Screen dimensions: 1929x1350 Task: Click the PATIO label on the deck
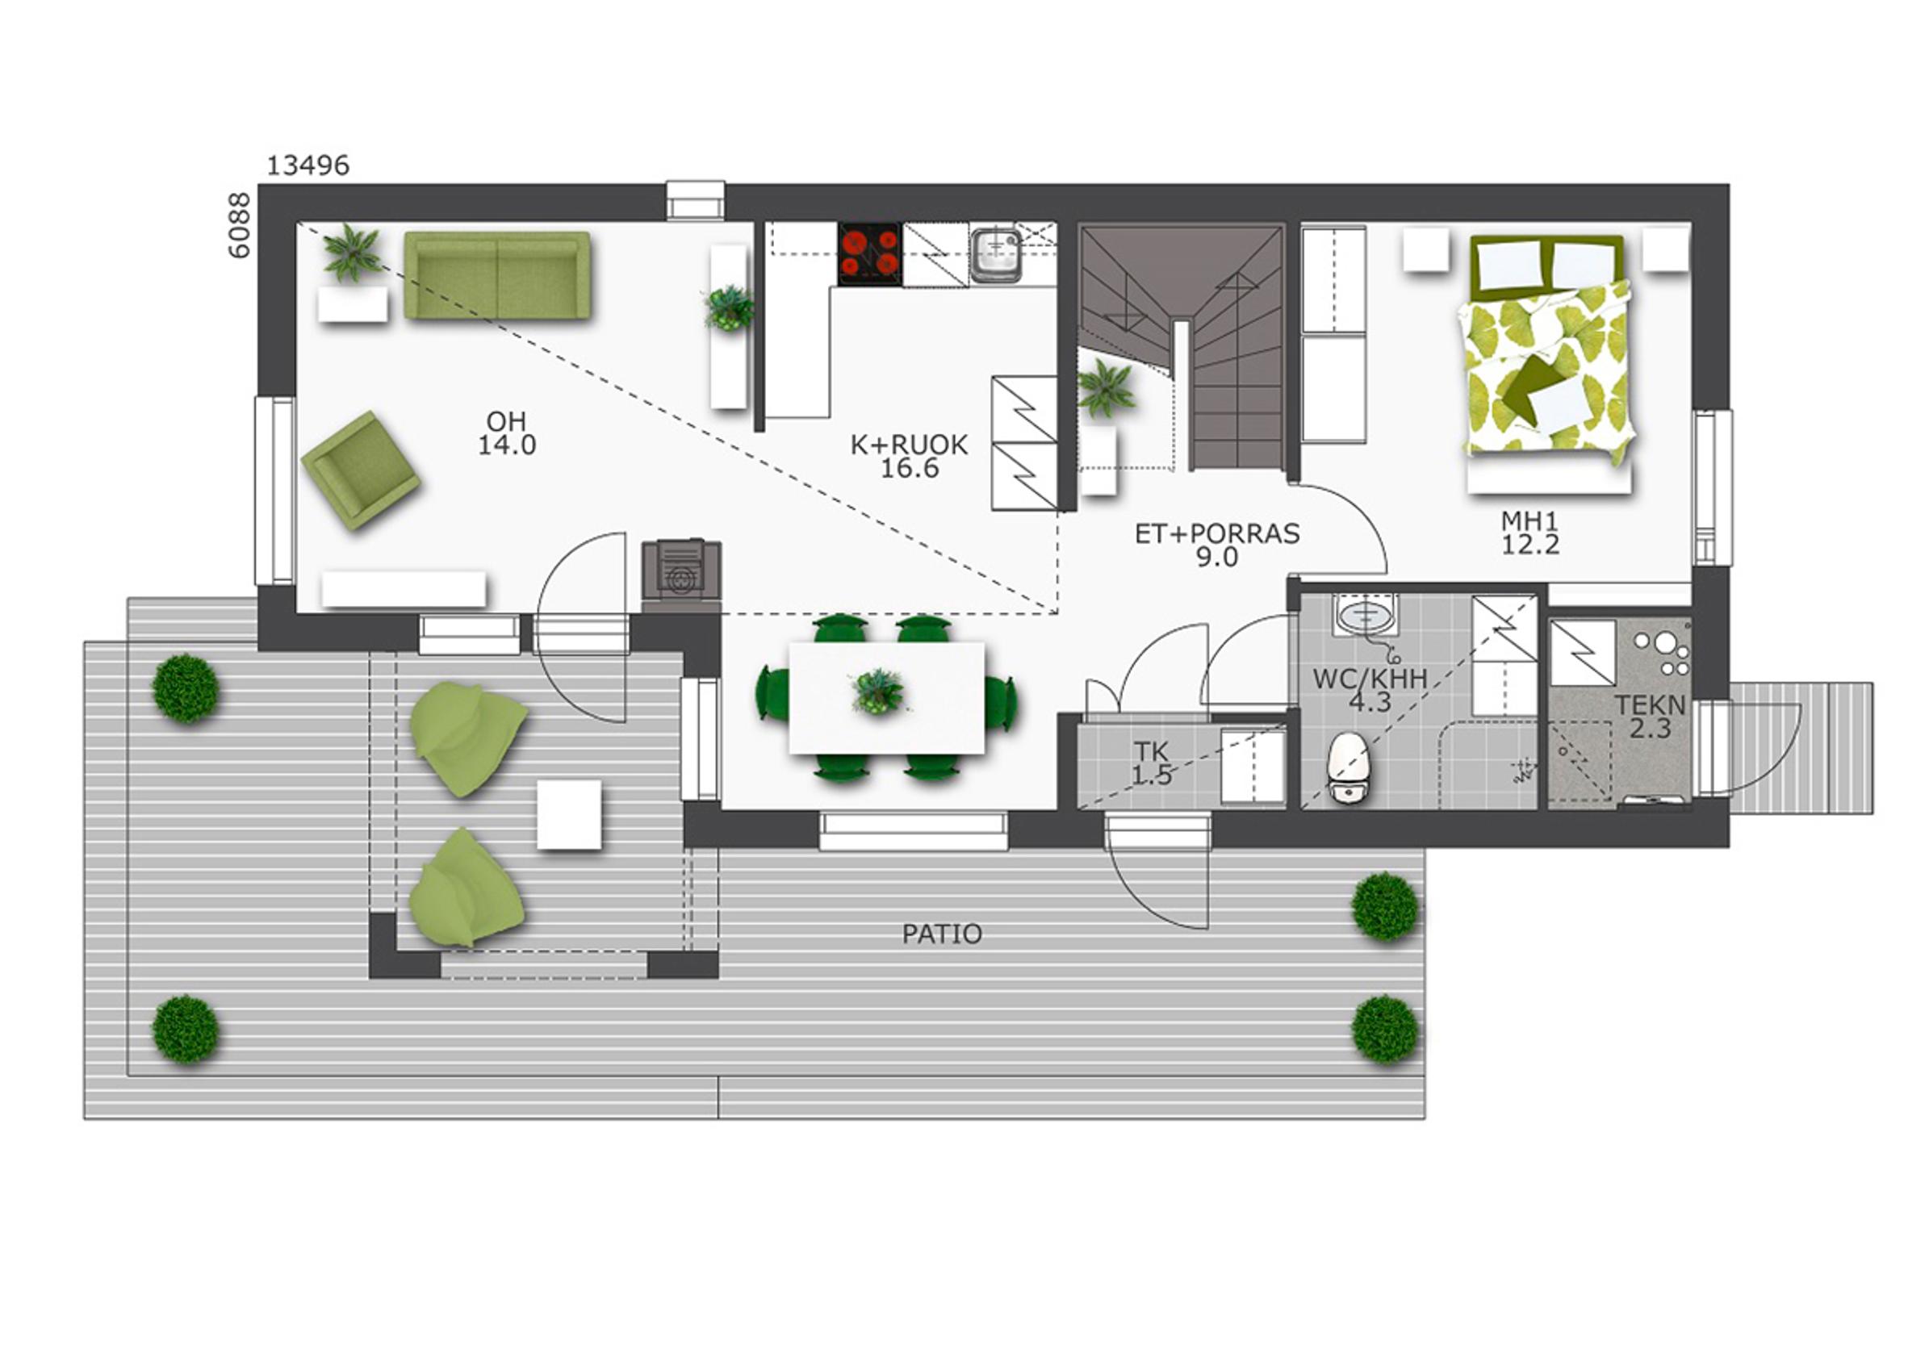[942, 934]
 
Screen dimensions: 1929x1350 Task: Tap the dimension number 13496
[308, 165]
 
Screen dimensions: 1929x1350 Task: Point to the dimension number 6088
[240, 225]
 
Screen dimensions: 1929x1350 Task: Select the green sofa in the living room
[497, 275]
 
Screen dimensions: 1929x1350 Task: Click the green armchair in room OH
[362, 470]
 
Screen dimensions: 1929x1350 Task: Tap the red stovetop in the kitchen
[869, 253]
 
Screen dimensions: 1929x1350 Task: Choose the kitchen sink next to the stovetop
[997, 255]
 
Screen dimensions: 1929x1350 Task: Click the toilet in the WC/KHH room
[1346, 766]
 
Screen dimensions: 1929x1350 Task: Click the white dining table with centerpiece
[886, 697]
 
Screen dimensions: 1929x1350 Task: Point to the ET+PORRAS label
[1217, 533]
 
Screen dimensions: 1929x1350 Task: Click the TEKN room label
[1650, 704]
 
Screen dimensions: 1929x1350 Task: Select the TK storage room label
[1151, 752]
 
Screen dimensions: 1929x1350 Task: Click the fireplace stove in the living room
[681, 571]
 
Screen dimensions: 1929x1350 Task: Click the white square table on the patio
[569, 814]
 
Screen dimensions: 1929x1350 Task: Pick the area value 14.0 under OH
[507, 445]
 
